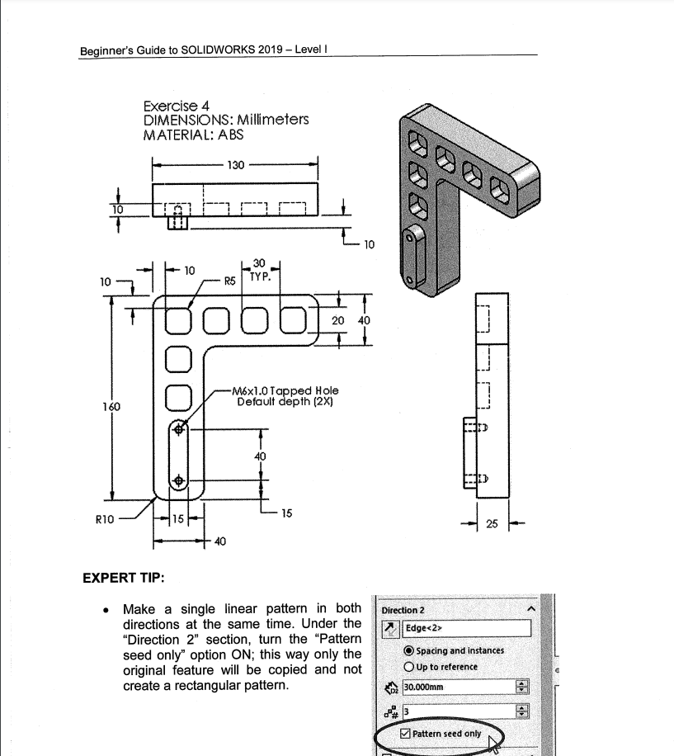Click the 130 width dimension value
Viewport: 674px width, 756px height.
pos(236,165)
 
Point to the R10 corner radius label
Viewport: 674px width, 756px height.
pos(104,520)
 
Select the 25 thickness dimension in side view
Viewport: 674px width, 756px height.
pos(492,524)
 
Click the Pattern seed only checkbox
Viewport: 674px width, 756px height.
pos(404,733)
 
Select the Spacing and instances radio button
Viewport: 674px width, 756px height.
pos(409,650)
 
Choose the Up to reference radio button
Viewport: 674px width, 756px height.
pos(409,667)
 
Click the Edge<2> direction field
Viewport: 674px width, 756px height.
pos(466,629)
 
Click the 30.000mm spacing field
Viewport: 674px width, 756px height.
pos(457,687)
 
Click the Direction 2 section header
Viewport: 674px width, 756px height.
pos(403,610)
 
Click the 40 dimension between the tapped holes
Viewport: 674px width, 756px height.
pos(261,456)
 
